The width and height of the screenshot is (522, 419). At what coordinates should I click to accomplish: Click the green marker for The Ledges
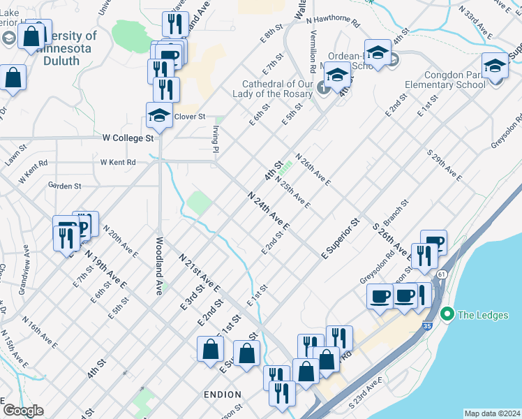click(447, 314)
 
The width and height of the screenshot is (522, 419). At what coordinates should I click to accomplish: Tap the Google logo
click(23, 411)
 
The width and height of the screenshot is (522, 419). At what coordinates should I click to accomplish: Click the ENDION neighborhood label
click(223, 395)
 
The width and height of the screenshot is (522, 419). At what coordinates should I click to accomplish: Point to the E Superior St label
click(340, 239)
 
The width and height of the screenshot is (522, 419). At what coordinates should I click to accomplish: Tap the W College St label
click(128, 138)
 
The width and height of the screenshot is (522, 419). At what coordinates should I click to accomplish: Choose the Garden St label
click(65, 186)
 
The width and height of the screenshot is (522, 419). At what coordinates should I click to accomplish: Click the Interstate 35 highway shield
click(426, 326)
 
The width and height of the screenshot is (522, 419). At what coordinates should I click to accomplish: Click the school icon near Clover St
click(159, 117)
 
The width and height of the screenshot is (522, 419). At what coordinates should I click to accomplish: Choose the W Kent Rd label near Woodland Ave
click(117, 162)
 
